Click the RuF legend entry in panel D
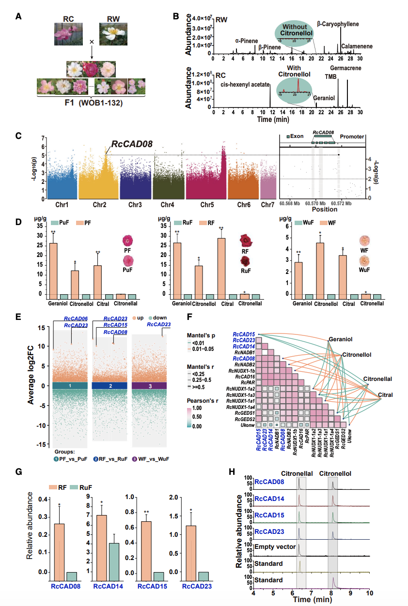tap(183, 223)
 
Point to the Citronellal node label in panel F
tap(377, 379)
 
